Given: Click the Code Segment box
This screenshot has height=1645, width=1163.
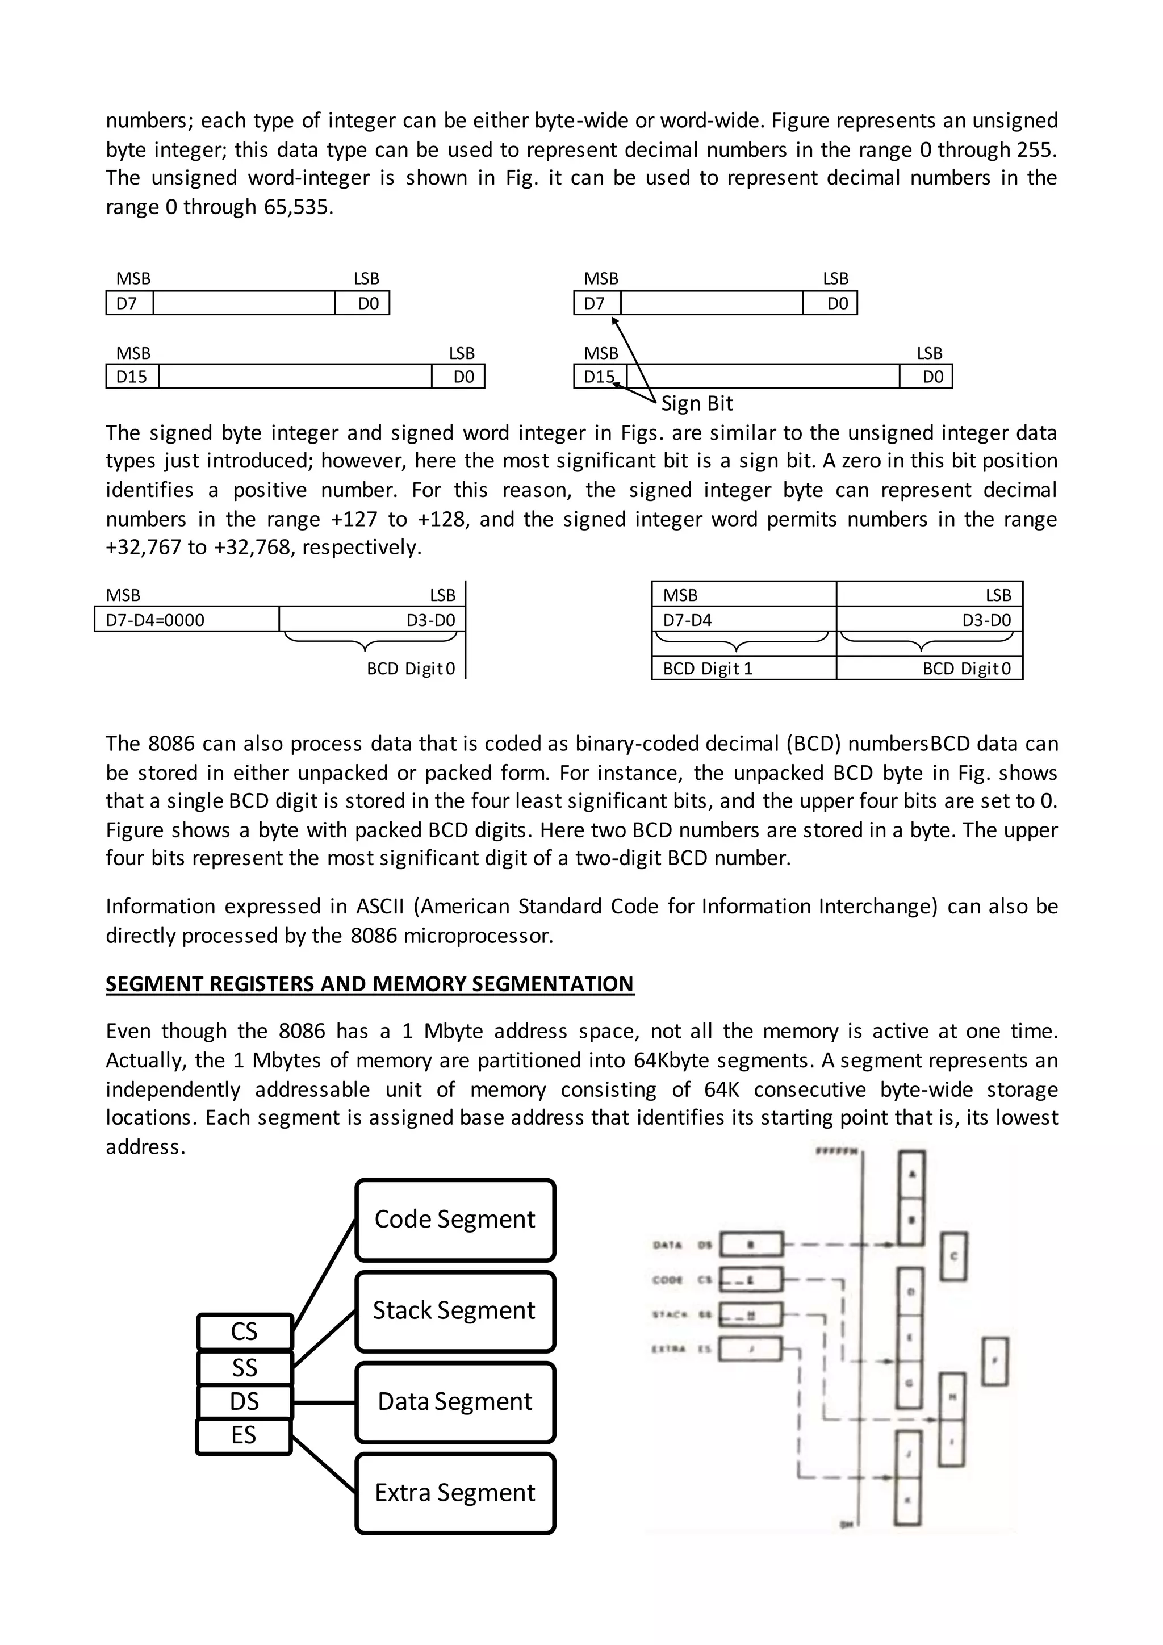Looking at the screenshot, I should tap(455, 1220).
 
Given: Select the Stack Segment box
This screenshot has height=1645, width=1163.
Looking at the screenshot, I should tap(455, 1310).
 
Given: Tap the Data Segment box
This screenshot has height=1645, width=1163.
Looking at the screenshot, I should tap(455, 1401).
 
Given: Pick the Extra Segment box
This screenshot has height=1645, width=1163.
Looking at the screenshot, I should tap(455, 1492).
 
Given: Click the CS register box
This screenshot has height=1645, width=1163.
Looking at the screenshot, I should tap(244, 1331).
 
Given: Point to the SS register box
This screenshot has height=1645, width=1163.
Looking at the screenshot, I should tap(244, 1368).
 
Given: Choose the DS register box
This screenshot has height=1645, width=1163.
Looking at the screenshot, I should tap(244, 1401).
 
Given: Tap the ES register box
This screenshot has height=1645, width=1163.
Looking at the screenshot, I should tap(244, 1435).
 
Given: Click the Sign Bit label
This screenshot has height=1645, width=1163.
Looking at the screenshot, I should tap(697, 403).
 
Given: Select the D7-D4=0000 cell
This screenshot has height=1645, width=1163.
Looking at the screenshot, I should tap(186, 620).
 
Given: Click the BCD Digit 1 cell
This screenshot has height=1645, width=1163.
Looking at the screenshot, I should tap(743, 669).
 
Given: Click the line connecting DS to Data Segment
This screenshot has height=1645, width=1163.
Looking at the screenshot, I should tap(324, 1402).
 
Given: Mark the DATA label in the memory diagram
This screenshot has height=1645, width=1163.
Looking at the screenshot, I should tap(667, 1245).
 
